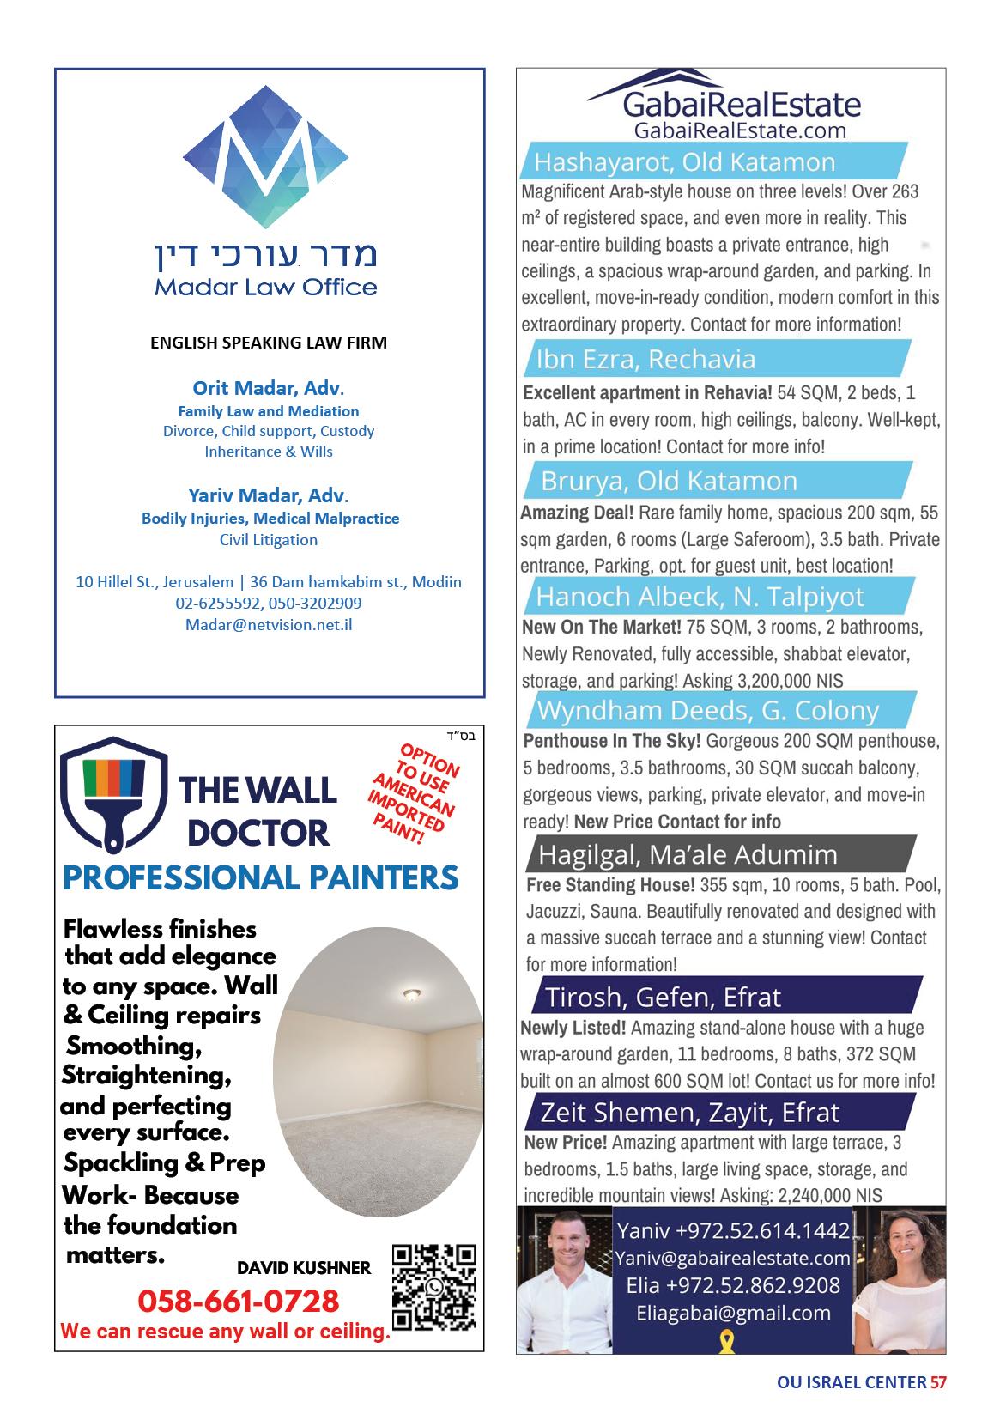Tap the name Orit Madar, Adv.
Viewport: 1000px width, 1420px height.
pos(270,387)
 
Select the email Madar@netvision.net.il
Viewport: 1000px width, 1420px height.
pos(269,624)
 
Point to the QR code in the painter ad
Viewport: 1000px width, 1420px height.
pos(433,1285)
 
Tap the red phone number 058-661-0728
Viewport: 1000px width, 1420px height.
pos(239,1301)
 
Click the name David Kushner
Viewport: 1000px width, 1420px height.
pos(304,1267)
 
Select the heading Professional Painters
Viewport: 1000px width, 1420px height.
pos(261,877)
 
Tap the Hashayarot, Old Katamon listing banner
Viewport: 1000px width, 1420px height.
pos(683,161)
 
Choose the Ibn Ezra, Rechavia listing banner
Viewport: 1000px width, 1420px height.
pos(645,359)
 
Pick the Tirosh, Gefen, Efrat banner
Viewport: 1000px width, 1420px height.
pos(663,997)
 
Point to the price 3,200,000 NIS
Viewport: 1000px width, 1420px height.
pos(790,681)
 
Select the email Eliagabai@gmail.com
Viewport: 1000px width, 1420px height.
pos(733,1313)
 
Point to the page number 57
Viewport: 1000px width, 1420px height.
pos(938,1382)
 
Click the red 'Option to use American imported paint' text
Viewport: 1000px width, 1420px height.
pos(412,794)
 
